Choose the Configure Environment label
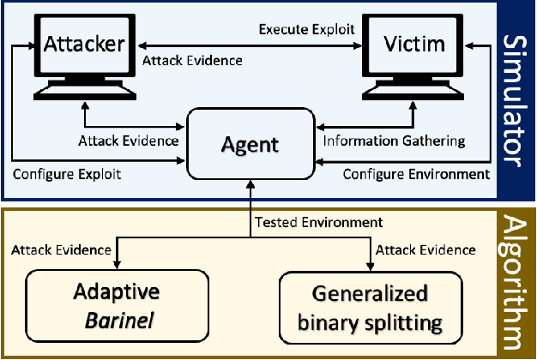pos(416,173)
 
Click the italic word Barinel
pos(115,323)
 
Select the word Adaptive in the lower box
pos(115,297)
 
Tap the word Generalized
pos(371,296)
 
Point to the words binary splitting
pos(371,324)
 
